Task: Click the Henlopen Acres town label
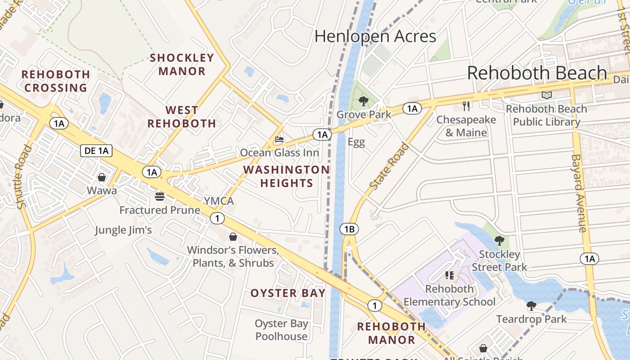(x=375, y=36)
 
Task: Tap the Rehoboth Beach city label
(x=537, y=73)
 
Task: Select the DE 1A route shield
(x=96, y=150)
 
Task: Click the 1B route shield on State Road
(x=349, y=229)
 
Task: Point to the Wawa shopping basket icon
(x=102, y=177)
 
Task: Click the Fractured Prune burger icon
(x=159, y=197)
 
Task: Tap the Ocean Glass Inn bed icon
(x=279, y=140)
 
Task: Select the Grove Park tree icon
(x=364, y=101)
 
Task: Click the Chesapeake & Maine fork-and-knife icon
(x=466, y=106)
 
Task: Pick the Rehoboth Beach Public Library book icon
(x=547, y=95)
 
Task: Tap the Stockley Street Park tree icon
(x=499, y=241)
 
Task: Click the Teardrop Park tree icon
(x=531, y=306)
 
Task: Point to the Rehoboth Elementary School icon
(x=449, y=275)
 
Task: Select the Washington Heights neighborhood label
(x=286, y=176)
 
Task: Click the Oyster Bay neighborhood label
(x=288, y=293)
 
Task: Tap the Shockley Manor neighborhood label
(x=182, y=64)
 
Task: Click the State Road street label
(x=389, y=166)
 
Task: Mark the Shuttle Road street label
(x=24, y=176)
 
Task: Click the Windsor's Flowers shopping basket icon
(x=233, y=236)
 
